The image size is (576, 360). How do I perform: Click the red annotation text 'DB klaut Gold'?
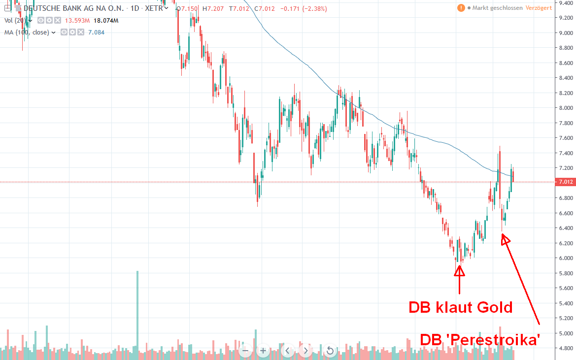tap(461, 308)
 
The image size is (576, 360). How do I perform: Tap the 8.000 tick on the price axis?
tap(565, 108)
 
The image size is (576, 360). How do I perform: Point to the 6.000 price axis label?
tap(565, 258)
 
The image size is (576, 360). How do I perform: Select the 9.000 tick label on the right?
tap(565, 33)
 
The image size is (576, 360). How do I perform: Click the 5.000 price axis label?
tap(565, 333)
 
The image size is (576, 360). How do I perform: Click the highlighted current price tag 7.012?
tap(565, 182)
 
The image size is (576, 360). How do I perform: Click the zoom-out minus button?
tap(246, 351)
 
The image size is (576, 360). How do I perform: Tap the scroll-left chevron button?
tap(288, 351)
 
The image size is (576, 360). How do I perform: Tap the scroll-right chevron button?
tap(305, 351)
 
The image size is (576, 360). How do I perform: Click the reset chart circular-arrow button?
tap(330, 351)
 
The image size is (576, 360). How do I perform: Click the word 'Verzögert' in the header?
tap(539, 8)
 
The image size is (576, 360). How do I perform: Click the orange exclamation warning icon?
tap(461, 8)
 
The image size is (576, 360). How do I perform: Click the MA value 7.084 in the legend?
tap(96, 32)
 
